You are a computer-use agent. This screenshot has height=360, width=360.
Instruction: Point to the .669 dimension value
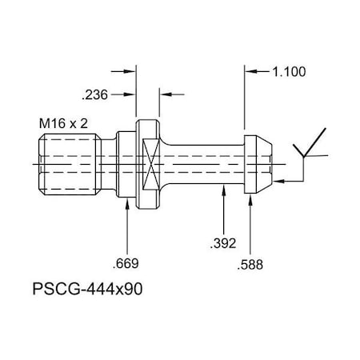[x=127, y=262]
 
